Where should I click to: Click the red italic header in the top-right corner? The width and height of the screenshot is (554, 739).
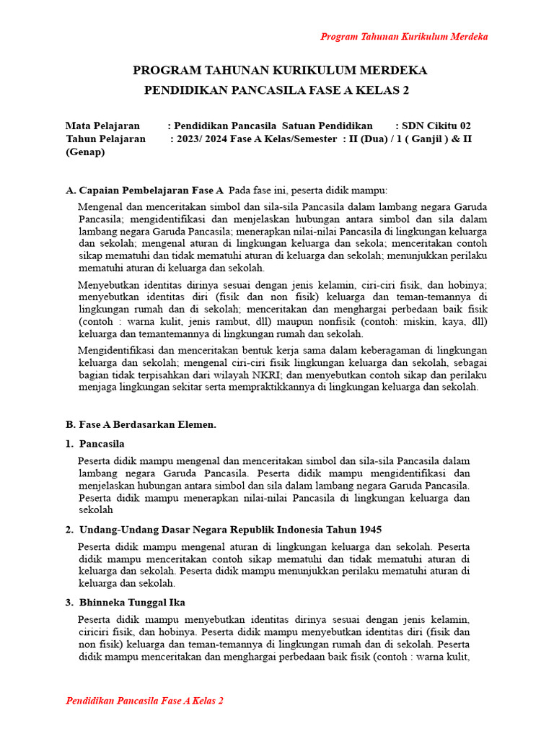coord(404,37)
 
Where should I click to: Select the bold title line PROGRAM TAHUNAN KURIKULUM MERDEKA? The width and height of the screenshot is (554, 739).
coord(280,70)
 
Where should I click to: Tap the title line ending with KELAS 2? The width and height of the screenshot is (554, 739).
coord(280,89)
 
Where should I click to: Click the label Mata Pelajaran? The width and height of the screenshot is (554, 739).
coord(102,126)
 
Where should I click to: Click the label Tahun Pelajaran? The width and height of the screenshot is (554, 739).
coord(105,139)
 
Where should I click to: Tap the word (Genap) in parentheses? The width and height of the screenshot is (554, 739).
coord(85,152)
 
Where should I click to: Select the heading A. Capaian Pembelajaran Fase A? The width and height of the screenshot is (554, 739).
coord(144,191)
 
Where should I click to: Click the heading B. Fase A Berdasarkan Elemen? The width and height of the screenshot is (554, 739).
coord(141,424)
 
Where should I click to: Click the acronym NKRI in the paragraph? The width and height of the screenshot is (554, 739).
coord(291,375)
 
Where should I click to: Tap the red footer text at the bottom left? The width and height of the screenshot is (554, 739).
coord(144,701)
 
